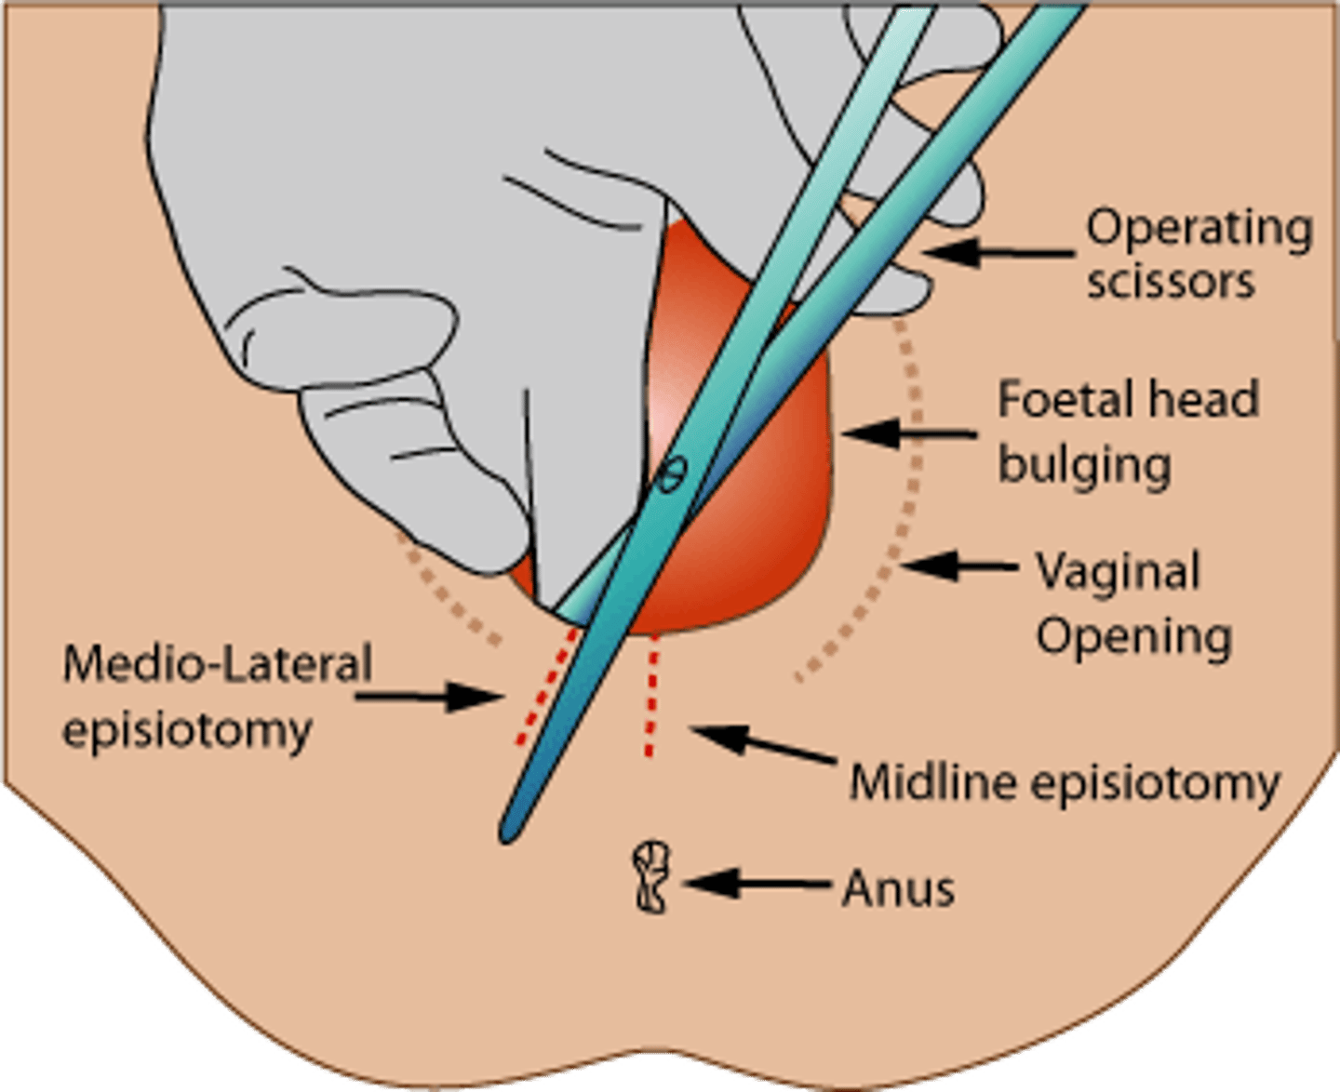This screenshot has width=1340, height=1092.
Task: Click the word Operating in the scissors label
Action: [1199, 230]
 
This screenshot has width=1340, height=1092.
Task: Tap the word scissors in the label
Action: [1171, 282]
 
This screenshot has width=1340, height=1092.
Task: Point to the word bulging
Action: [1084, 464]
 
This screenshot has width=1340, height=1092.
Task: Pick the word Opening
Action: [1134, 637]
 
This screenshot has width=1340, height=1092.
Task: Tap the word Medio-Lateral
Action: [217, 664]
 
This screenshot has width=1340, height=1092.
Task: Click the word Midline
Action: [932, 782]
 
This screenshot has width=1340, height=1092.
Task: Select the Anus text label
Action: [898, 889]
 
